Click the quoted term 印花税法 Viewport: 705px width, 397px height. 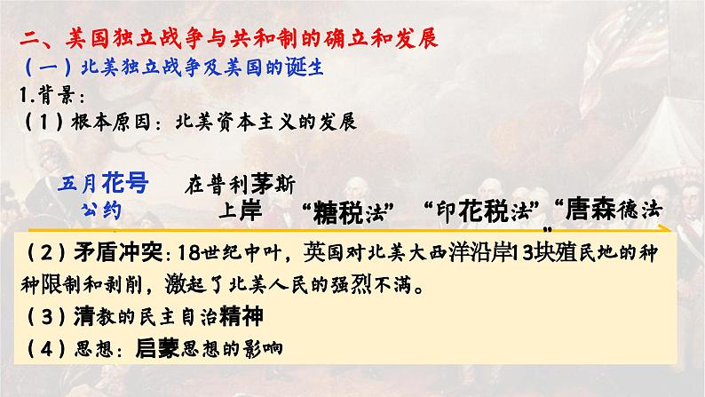(x=484, y=213)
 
